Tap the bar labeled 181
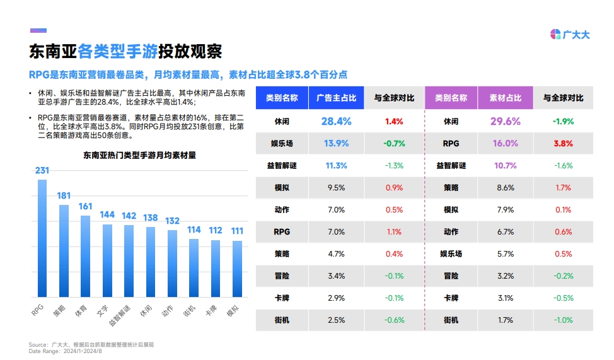click(x=64, y=250)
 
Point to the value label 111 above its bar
click(x=237, y=231)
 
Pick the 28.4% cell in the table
click(x=336, y=121)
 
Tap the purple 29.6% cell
click(x=506, y=121)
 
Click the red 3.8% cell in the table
click(x=563, y=143)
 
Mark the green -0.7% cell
click(x=394, y=143)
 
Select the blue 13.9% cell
click(x=336, y=143)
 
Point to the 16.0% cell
click(x=506, y=143)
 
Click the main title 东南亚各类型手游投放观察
click(x=125, y=52)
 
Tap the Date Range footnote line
click(x=66, y=351)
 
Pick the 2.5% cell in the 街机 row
click(x=336, y=320)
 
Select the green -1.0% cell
click(x=563, y=320)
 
